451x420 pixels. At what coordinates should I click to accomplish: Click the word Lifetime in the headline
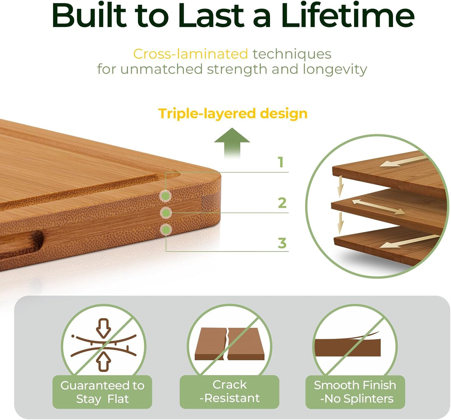(x=347, y=16)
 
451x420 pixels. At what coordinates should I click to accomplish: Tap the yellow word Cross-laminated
(x=190, y=54)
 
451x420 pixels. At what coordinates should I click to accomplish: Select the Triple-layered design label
(x=233, y=113)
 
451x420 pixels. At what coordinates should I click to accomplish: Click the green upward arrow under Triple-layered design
(x=232, y=142)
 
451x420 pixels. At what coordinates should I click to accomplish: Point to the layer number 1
(x=281, y=162)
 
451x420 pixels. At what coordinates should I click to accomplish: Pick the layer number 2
(x=282, y=203)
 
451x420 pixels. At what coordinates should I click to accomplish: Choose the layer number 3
(x=282, y=243)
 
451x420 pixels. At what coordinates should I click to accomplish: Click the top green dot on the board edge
(x=166, y=196)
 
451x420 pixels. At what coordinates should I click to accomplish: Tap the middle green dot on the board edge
(x=166, y=213)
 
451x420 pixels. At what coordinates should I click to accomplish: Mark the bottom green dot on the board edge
(x=166, y=230)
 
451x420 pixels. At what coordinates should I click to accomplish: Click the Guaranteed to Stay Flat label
(x=102, y=392)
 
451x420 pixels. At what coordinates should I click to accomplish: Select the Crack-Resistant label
(x=229, y=392)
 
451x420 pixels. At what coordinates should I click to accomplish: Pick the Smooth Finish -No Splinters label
(x=355, y=392)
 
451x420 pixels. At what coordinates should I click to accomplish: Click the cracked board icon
(x=229, y=343)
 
